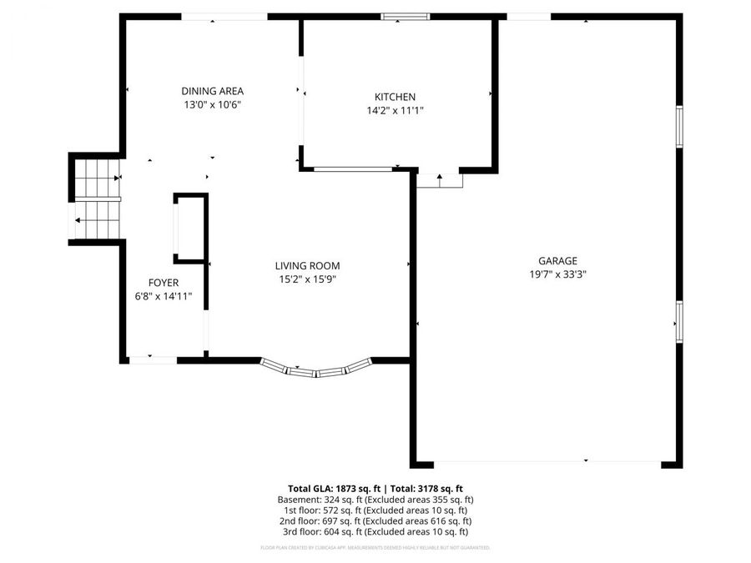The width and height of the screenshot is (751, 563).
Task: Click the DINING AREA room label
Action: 212,91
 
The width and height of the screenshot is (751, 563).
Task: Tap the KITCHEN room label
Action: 395,97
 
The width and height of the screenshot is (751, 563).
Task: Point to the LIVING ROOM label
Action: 307,266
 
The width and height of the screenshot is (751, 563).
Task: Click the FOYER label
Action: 164,283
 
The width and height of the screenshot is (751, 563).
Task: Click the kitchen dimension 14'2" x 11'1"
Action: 395,110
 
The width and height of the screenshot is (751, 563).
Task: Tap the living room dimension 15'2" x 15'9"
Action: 307,279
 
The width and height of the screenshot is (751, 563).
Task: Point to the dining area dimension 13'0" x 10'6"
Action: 212,104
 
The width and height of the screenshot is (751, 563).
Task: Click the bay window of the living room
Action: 315,368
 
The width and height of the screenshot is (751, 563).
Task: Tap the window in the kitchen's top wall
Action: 406,16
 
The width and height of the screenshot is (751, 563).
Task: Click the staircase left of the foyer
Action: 96,200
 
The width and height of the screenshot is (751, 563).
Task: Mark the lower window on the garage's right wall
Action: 679,321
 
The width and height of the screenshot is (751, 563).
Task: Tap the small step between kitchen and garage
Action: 439,180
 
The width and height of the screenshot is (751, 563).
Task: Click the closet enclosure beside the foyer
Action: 189,228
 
